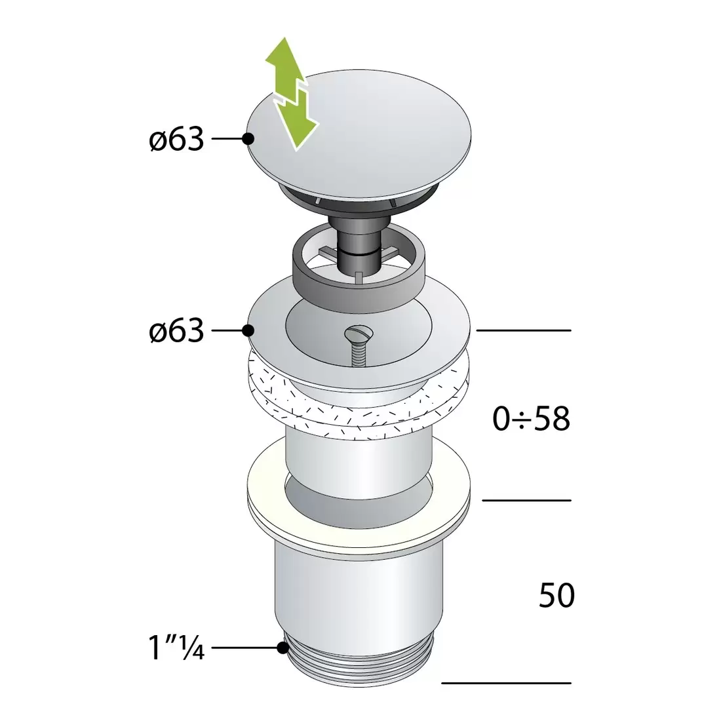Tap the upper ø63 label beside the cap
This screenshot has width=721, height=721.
(x=176, y=138)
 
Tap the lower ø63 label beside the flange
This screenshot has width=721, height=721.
(x=176, y=330)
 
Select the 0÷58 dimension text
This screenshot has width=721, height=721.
(x=532, y=418)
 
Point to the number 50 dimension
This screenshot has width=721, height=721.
(x=557, y=595)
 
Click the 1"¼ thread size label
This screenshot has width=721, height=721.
(x=176, y=648)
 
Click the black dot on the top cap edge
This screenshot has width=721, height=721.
(x=248, y=138)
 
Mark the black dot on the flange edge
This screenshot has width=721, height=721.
(x=248, y=330)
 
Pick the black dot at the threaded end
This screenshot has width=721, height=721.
(x=283, y=648)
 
